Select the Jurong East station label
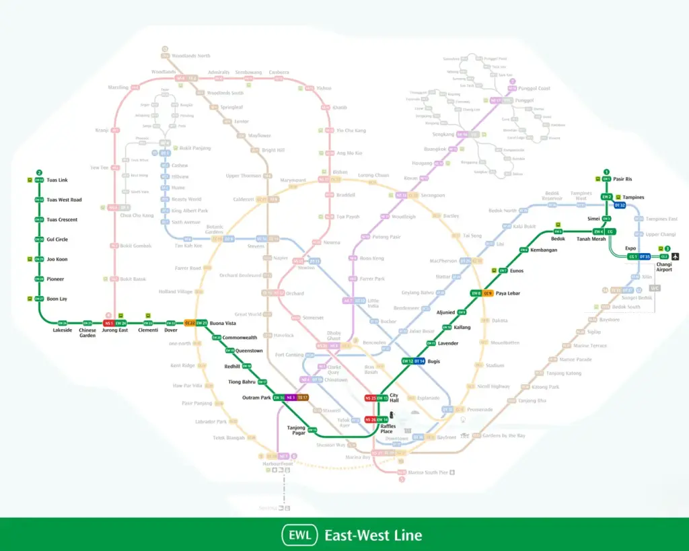114,330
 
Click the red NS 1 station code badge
108,323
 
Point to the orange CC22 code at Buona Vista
190,323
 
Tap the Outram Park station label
256,398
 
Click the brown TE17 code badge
303,398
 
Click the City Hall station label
394,398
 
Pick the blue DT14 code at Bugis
419,361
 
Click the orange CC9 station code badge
488,293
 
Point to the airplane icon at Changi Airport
676,256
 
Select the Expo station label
630,248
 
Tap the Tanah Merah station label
591,240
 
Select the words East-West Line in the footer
373,536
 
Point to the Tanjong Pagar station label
296,430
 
